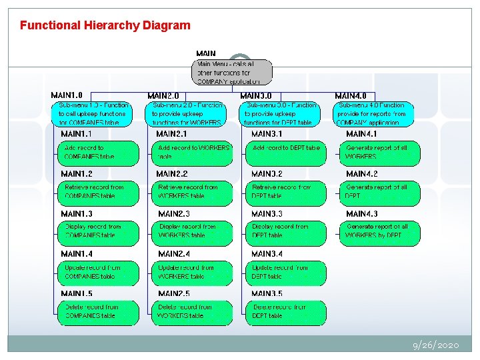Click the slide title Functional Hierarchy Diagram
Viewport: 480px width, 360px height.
pyautogui.click(x=105, y=26)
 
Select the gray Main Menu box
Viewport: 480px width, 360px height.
pyautogui.click(x=233, y=72)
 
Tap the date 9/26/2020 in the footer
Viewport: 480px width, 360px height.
pyautogui.click(x=435, y=345)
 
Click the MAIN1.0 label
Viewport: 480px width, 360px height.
pyautogui.click(x=67, y=96)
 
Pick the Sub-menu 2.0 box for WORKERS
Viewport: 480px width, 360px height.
pyautogui.click(x=187, y=113)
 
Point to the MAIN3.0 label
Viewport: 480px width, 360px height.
pyautogui.click(x=256, y=96)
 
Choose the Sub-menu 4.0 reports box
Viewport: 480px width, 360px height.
pyautogui.click(x=374, y=113)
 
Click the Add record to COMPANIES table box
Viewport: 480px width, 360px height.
pyautogui.click(x=98, y=153)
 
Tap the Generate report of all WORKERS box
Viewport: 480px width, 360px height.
pyautogui.click(x=381, y=153)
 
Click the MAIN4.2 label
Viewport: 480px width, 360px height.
pyautogui.click(x=362, y=174)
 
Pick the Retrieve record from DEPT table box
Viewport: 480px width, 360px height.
pyautogui.click(x=286, y=192)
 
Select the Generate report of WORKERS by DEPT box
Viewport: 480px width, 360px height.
pyautogui.click(x=381, y=231)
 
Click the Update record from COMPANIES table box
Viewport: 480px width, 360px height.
pyautogui.click(x=98, y=272)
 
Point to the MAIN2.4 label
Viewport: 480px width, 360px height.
pyautogui.click(x=174, y=254)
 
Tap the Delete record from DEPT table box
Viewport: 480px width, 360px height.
pyautogui.click(x=286, y=312)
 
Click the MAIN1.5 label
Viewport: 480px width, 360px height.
pyautogui.click(x=77, y=294)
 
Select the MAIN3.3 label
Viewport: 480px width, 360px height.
pyautogui.click(x=267, y=214)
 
